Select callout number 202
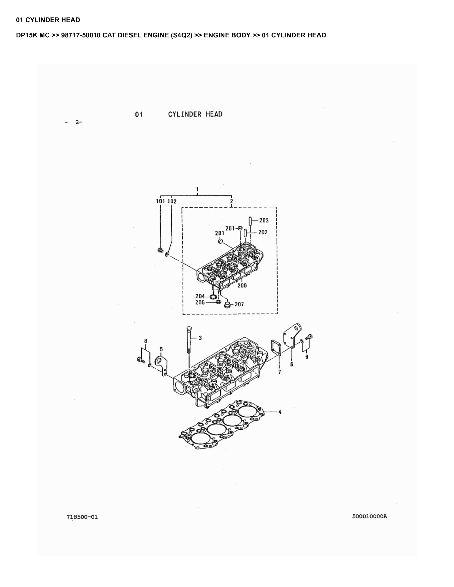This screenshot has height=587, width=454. pos(263,232)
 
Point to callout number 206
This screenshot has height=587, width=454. pos(242,285)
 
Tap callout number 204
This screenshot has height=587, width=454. pos(200,296)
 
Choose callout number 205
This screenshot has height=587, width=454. pos(200,303)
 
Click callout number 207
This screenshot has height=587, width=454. pos(239,304)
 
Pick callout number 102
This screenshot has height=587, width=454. pos(172,201)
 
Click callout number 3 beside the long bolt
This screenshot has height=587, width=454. pos(200,338)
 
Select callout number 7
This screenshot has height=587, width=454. pos(279,372)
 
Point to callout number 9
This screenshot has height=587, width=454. pos(307,357)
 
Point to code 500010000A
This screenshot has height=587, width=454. pos(370,516)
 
